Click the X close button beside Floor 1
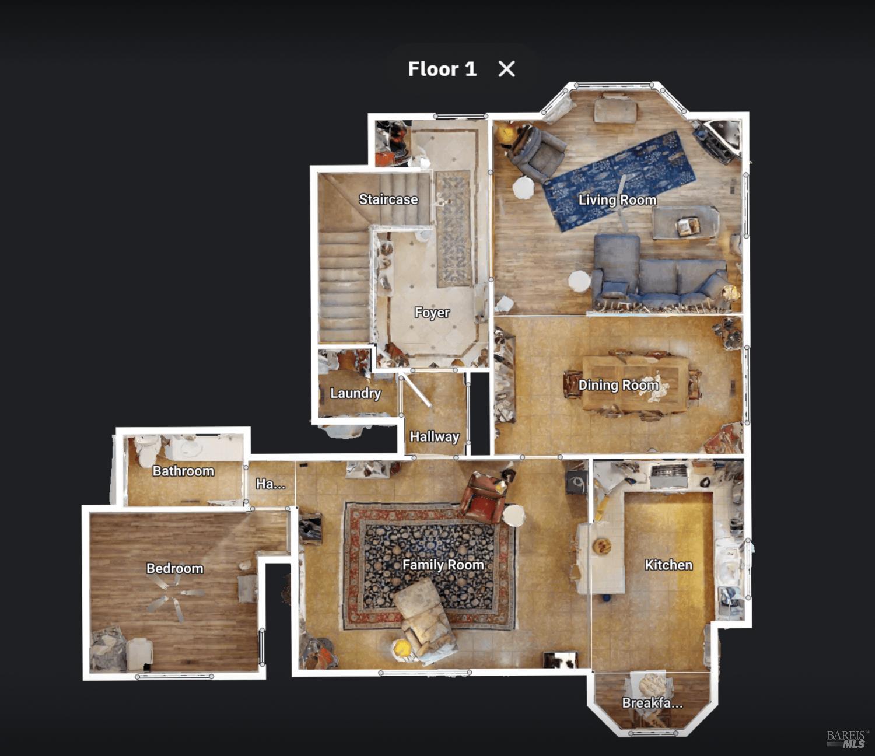tap(506, 69)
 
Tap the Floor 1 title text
tap(442, 69)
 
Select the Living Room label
tap(617, 200)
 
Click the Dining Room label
tap(618, 385)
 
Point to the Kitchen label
tap(668, 565)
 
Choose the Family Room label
tap(443, 565)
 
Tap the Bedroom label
tap(175, 568)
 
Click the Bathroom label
tap(183, 471)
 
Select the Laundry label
tap(356, 393)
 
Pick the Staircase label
tap(388, 199)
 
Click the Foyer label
tap(432, 313)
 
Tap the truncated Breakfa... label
tap(652, 703)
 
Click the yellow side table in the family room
tap(401, 647)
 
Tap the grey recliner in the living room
tap(537, 152)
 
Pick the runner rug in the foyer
tap(454, 229)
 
